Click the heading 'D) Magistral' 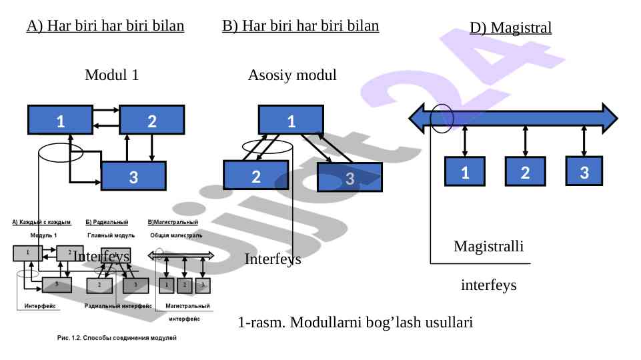point(510,28)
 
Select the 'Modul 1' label point(111,75)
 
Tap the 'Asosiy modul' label point(292,75)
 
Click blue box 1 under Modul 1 point(60,121)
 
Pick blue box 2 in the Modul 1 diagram point(151,121)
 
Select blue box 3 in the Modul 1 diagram point(133,177)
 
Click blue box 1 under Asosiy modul point(291,121)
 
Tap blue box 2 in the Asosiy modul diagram point(255,177)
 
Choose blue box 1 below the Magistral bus point(464,172)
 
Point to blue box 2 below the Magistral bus point(525,172)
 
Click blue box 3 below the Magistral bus point(584,171)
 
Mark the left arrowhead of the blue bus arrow point(417,118)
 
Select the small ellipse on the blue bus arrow point(442,118)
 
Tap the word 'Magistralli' point(488,246)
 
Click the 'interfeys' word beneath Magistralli point(488,285)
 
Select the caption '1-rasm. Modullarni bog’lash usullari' point(355,323)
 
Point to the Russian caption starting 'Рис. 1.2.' point(115,339)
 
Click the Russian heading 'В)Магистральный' point(175,221)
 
